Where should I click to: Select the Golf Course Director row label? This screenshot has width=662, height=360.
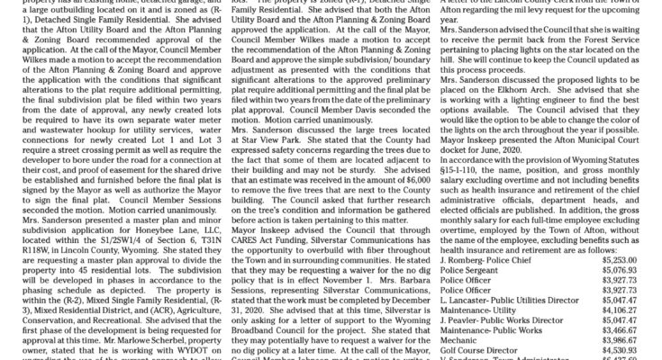477,354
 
